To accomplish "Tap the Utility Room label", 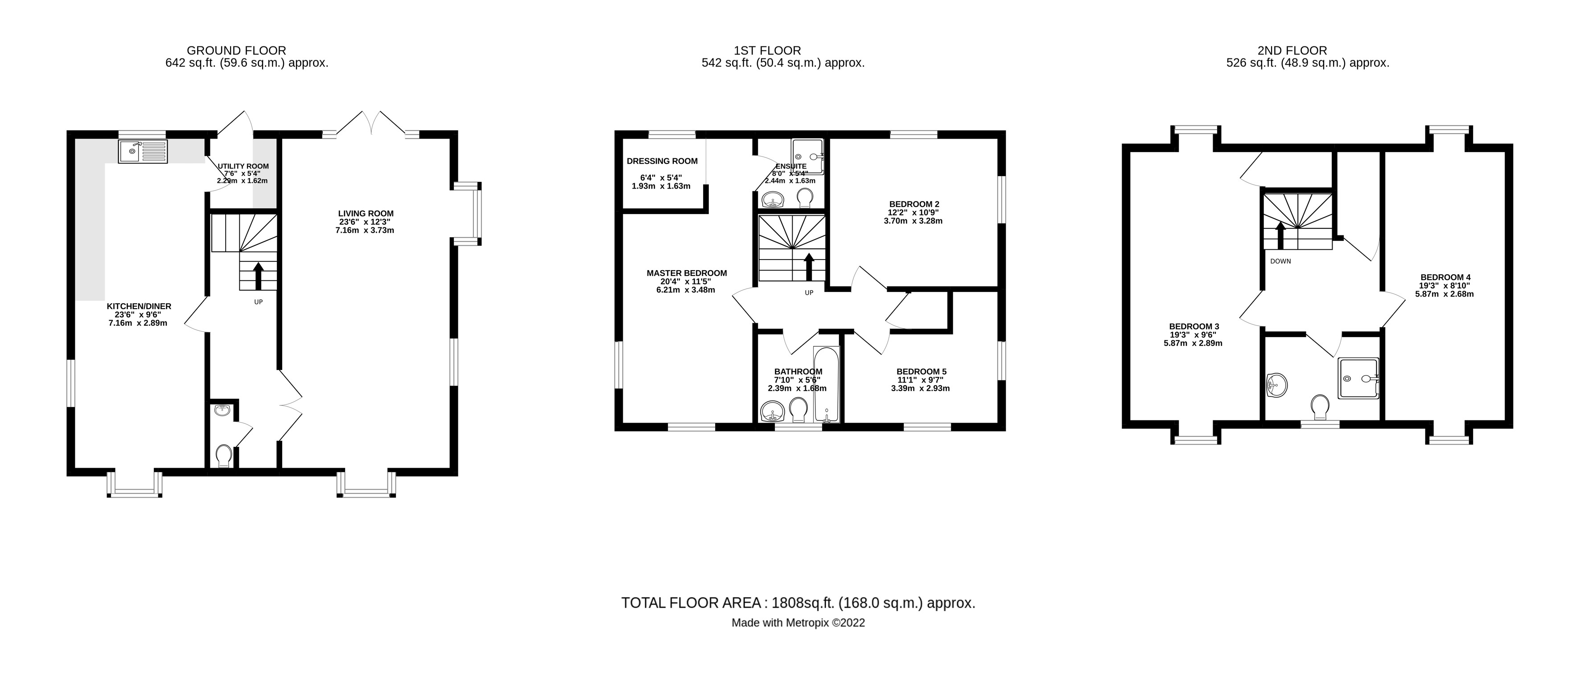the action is [x=243, y=166].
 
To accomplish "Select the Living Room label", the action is [x=366, y=214].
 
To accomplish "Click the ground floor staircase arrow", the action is [x=258, y=276].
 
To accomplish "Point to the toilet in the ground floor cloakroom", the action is [x=224, y=455].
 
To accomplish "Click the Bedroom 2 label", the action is [x=914, y=204].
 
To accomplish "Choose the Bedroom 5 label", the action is [x=921, y=371].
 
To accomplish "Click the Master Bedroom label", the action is [x=686, y=273].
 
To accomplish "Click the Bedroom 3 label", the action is [x=1193, y=326].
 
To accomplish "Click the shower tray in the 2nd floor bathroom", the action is [x=1358, y=378].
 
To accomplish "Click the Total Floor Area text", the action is [x=798, y=603].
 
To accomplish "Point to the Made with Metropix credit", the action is [x=798, y=623].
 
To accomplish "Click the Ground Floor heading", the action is [x=236, y=50].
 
